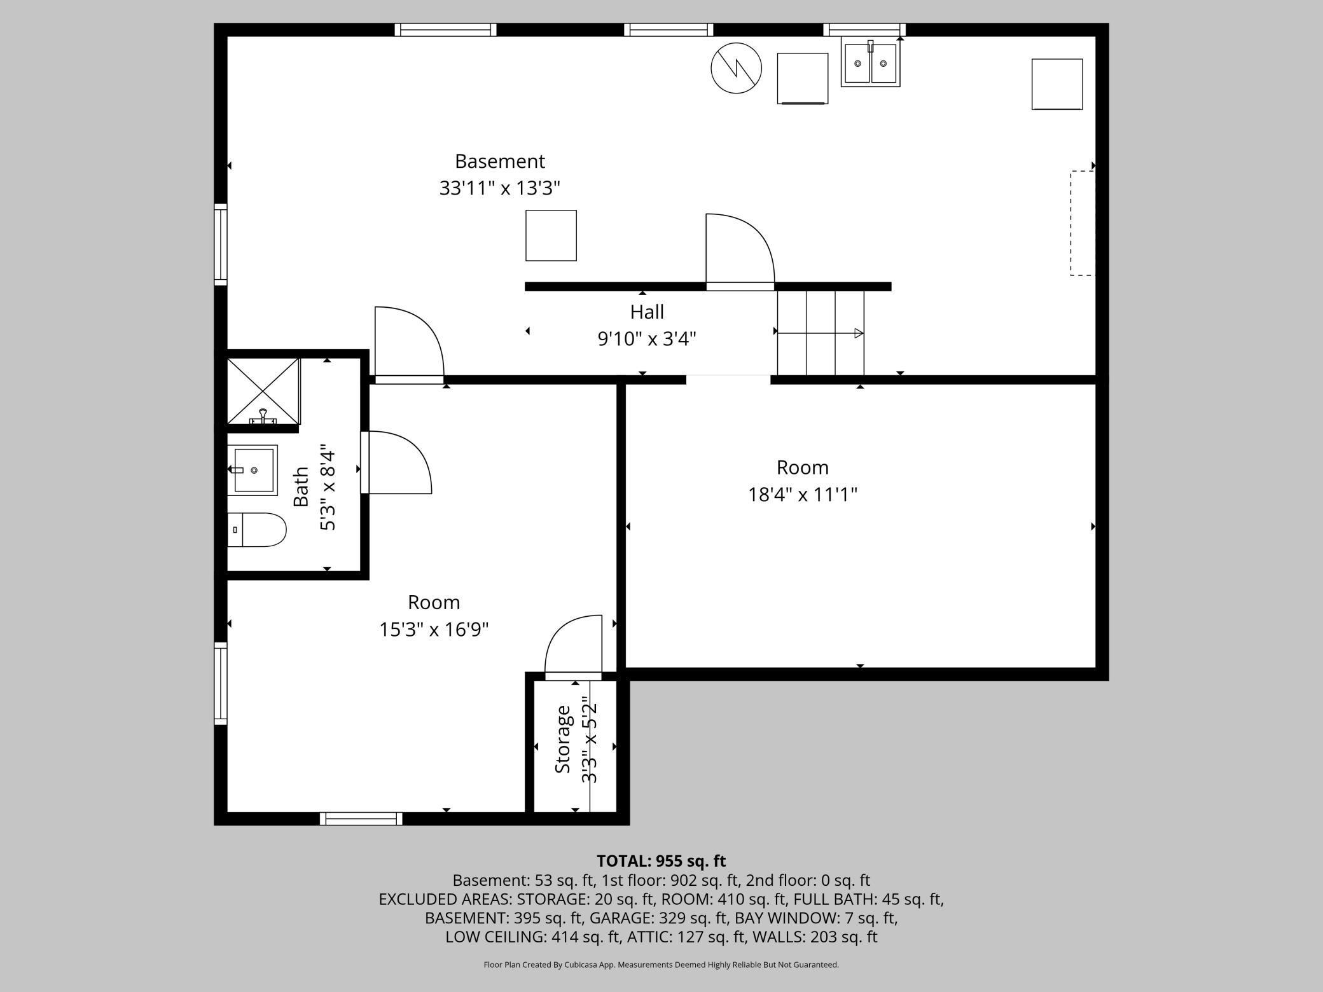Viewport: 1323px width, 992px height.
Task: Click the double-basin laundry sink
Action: tap(870, 62)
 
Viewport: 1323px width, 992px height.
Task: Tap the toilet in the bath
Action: tap(256, 530)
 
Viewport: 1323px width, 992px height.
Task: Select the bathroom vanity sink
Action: tap(253, 470)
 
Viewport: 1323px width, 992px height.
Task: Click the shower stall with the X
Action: tap(263, 391)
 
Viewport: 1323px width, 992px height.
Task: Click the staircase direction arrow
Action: tap(821, 333)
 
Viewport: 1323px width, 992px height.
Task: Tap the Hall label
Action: tap(647, 312)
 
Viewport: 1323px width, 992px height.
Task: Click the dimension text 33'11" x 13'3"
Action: tap(499, 188)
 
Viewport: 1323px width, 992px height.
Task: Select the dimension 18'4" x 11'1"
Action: tap(803, 494)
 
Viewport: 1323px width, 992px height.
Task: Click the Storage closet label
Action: tap(563, 739)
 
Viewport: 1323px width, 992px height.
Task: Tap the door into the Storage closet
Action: tap(573, 645)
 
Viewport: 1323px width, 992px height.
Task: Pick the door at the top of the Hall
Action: tap(740, 252)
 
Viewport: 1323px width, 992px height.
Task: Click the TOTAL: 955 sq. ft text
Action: tap(661, 861)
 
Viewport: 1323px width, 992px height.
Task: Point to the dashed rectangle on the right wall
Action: tap(1082, 223)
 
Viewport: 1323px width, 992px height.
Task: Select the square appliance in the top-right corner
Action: tap(1057, 84)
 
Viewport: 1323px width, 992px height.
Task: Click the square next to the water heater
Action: tap(803, 78)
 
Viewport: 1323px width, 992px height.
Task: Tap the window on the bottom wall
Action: tap(361, 818)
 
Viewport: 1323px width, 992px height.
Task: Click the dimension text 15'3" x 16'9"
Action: tap(434, 630)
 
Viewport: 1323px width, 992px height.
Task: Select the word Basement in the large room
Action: tap(500, 161)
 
